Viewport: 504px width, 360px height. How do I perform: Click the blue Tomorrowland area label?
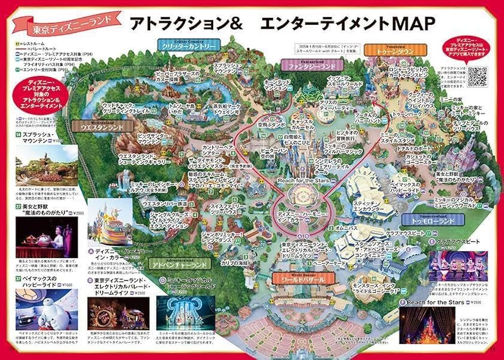tap(432, 219)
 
